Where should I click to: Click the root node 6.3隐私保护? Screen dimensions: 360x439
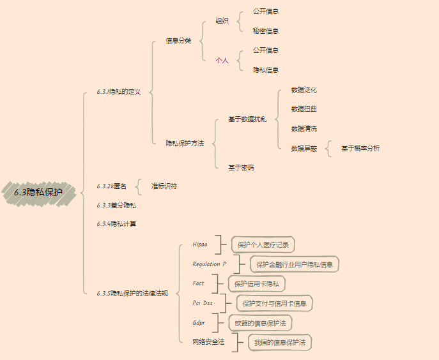[x=38, y=191]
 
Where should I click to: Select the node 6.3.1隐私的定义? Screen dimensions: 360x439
[x=118, y=92]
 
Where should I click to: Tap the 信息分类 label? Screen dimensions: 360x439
[x=178, y=41]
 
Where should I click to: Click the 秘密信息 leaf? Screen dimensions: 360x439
[x=265, y=31]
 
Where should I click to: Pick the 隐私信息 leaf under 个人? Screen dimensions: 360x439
[x=265, y=70]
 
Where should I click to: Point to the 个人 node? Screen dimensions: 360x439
[x=222, y=60]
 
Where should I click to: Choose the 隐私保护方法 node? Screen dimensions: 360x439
[x=185, y=143]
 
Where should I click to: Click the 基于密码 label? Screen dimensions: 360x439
[x=241, y=167]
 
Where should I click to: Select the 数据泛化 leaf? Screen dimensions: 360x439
[x=304, y=89]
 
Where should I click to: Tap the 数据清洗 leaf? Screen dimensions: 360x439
[x=304, y=128]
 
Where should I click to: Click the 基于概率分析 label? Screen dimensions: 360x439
[x=360, y=148]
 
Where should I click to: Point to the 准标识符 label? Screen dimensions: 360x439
[x=164, y=186]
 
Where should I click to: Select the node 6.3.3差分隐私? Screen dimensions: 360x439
[x=116, y=205]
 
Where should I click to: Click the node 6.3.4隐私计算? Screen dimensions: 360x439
[x=116, y=223]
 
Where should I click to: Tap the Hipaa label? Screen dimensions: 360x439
[x=200, y=244]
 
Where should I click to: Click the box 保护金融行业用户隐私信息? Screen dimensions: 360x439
[x=294, y=264]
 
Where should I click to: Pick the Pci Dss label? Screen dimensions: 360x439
[x=203, y=303]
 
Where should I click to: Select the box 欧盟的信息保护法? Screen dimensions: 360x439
[x=259, y=322]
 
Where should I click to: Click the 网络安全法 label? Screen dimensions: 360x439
[x=208, y=342]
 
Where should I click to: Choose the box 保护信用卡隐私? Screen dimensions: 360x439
[x=257, y=283]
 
